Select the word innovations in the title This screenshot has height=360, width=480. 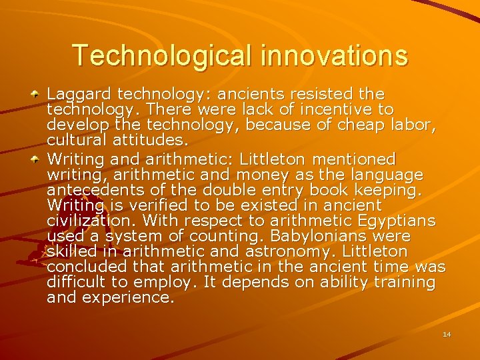334,55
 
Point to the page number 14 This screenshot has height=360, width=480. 447,333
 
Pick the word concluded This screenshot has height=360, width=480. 84,267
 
